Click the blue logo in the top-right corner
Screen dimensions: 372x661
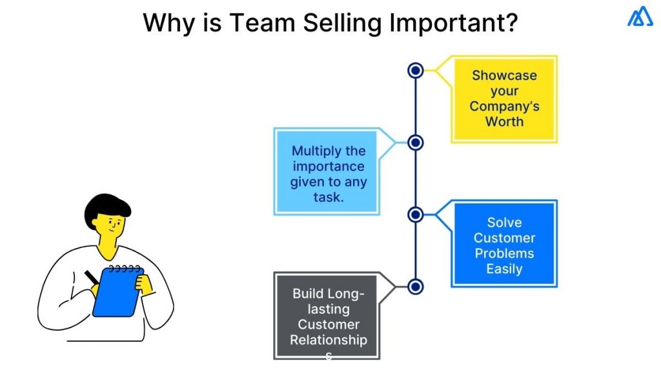click(x=640, y=17)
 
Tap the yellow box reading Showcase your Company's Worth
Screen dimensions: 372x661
click(x=503, y=99)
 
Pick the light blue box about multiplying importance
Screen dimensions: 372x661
click(x=328, y=172)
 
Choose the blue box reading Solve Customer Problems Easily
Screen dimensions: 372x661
click(x=503, y=243)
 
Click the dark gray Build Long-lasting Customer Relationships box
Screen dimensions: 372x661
click(x=328, y=316)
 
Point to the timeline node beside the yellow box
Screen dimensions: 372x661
click(x=416, y=70)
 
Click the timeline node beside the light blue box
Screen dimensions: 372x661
click(x=416, y=142)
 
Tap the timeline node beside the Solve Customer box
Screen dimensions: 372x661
click(x=416, y=214)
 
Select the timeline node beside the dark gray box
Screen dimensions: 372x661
click(x=416, y=286)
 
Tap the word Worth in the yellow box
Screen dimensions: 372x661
click(x=504, y=122)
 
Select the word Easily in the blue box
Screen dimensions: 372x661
click(x=504, y=269)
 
